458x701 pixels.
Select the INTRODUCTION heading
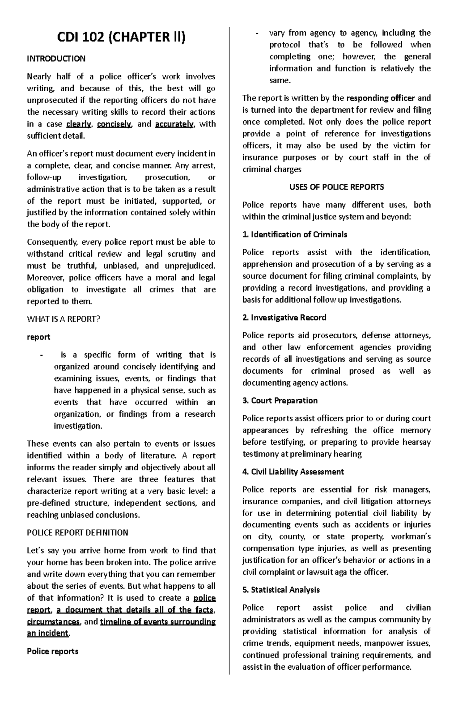click(56, 59)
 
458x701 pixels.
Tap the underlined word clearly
click(79, 124)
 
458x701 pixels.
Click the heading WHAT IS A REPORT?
click(63, 319)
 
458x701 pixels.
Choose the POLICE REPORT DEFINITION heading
click(77, 533)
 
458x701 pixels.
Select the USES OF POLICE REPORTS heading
click(336, 187)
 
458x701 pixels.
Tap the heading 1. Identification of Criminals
click(295, 235)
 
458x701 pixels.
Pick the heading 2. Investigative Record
click(284, 317)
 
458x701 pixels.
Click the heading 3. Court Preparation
click(280, 401)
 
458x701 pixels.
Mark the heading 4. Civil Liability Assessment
click(293, 472)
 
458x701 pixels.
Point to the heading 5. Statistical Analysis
click(281, 590)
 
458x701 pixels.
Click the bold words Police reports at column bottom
click(53, 651)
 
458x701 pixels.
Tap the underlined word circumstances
click(53, 622)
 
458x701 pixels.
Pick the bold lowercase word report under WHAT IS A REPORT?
click(39, 337)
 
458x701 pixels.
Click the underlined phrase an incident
click(48, 633)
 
